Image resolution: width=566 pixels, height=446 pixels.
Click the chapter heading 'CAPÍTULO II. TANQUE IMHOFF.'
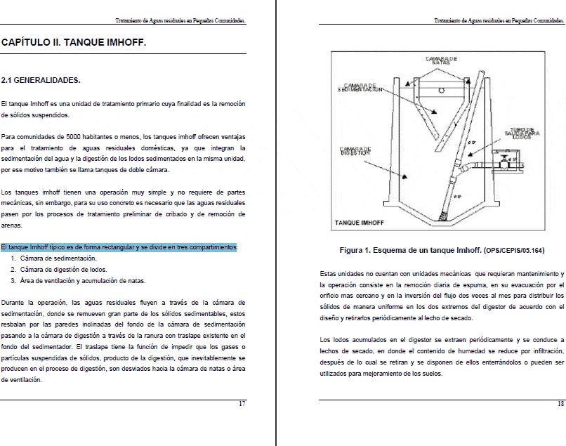click(74, 43)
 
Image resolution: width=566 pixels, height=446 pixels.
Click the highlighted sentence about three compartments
click(119, 247)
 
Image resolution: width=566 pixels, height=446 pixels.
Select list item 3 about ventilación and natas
click(82, 280)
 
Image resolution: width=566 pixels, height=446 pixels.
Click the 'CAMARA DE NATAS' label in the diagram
click(442, 60)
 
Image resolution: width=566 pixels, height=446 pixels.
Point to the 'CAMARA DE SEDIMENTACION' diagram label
click(360, 87)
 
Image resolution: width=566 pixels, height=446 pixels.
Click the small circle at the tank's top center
click(440, 91)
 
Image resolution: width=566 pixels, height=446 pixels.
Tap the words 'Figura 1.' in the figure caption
click(359, 250)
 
